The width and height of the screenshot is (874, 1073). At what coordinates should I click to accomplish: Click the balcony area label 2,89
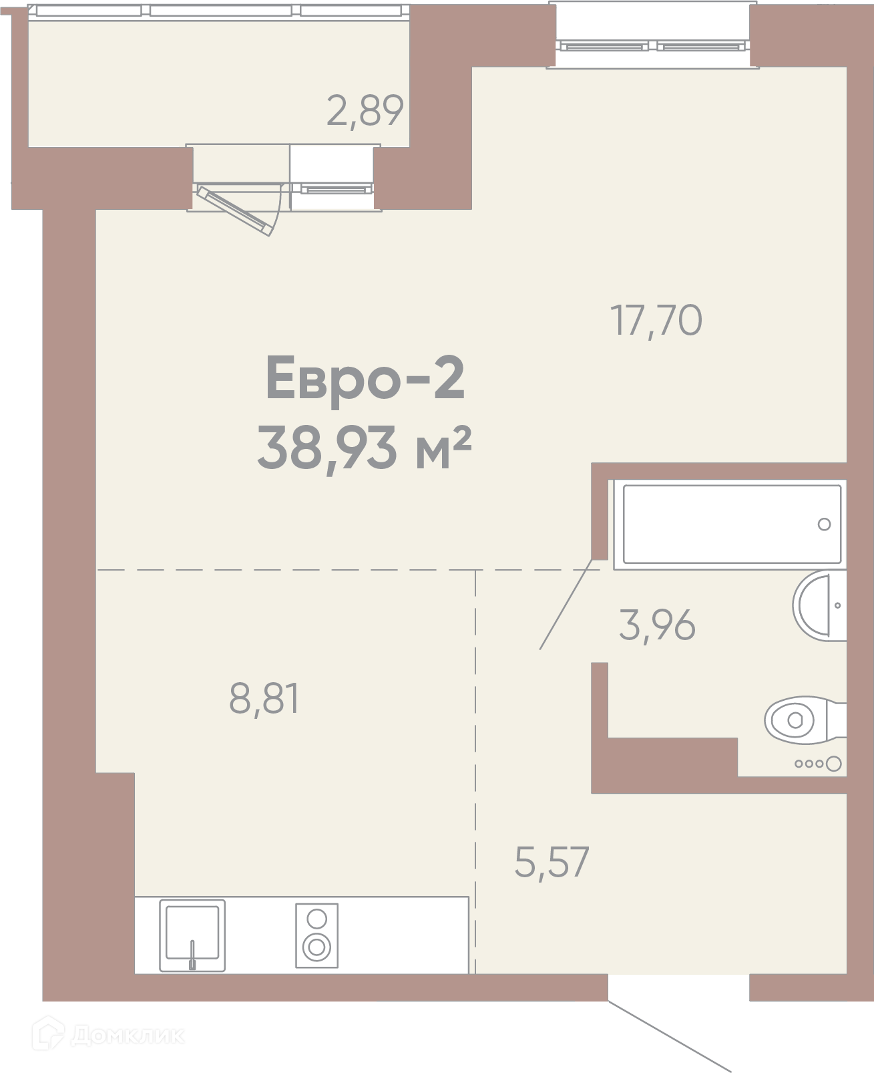(x=365, y=112)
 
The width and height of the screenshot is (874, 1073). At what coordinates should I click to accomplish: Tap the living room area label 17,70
(x=656, y=321)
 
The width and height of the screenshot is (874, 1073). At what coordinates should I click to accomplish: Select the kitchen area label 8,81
(x=264, y=700)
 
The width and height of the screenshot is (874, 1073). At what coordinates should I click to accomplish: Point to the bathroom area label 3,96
(x=657, y=625)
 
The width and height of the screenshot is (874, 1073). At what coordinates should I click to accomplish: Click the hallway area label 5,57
(x=552, y=863)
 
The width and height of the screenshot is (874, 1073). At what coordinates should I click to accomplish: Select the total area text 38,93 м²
(x=364, y=448)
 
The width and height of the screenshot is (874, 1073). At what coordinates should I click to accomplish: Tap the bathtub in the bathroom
(x=732, y=524)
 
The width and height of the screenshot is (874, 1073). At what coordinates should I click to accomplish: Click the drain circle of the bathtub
(x=824, y=524)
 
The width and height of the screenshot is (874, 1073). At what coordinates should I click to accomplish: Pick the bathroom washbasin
(x=820, y=605)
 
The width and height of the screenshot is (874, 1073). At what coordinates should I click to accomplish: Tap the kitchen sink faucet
(x=192, y=954)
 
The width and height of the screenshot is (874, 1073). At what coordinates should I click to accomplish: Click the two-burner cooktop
(x=316, y=935)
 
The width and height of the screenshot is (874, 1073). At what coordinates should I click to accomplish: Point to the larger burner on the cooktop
(x=316, y=947)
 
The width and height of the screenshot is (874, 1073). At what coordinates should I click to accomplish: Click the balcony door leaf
(x=234, y=211)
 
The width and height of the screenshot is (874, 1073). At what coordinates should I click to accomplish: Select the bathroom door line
(x=566, y=604)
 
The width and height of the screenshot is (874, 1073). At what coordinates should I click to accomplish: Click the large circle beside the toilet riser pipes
(x=834, y=764)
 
